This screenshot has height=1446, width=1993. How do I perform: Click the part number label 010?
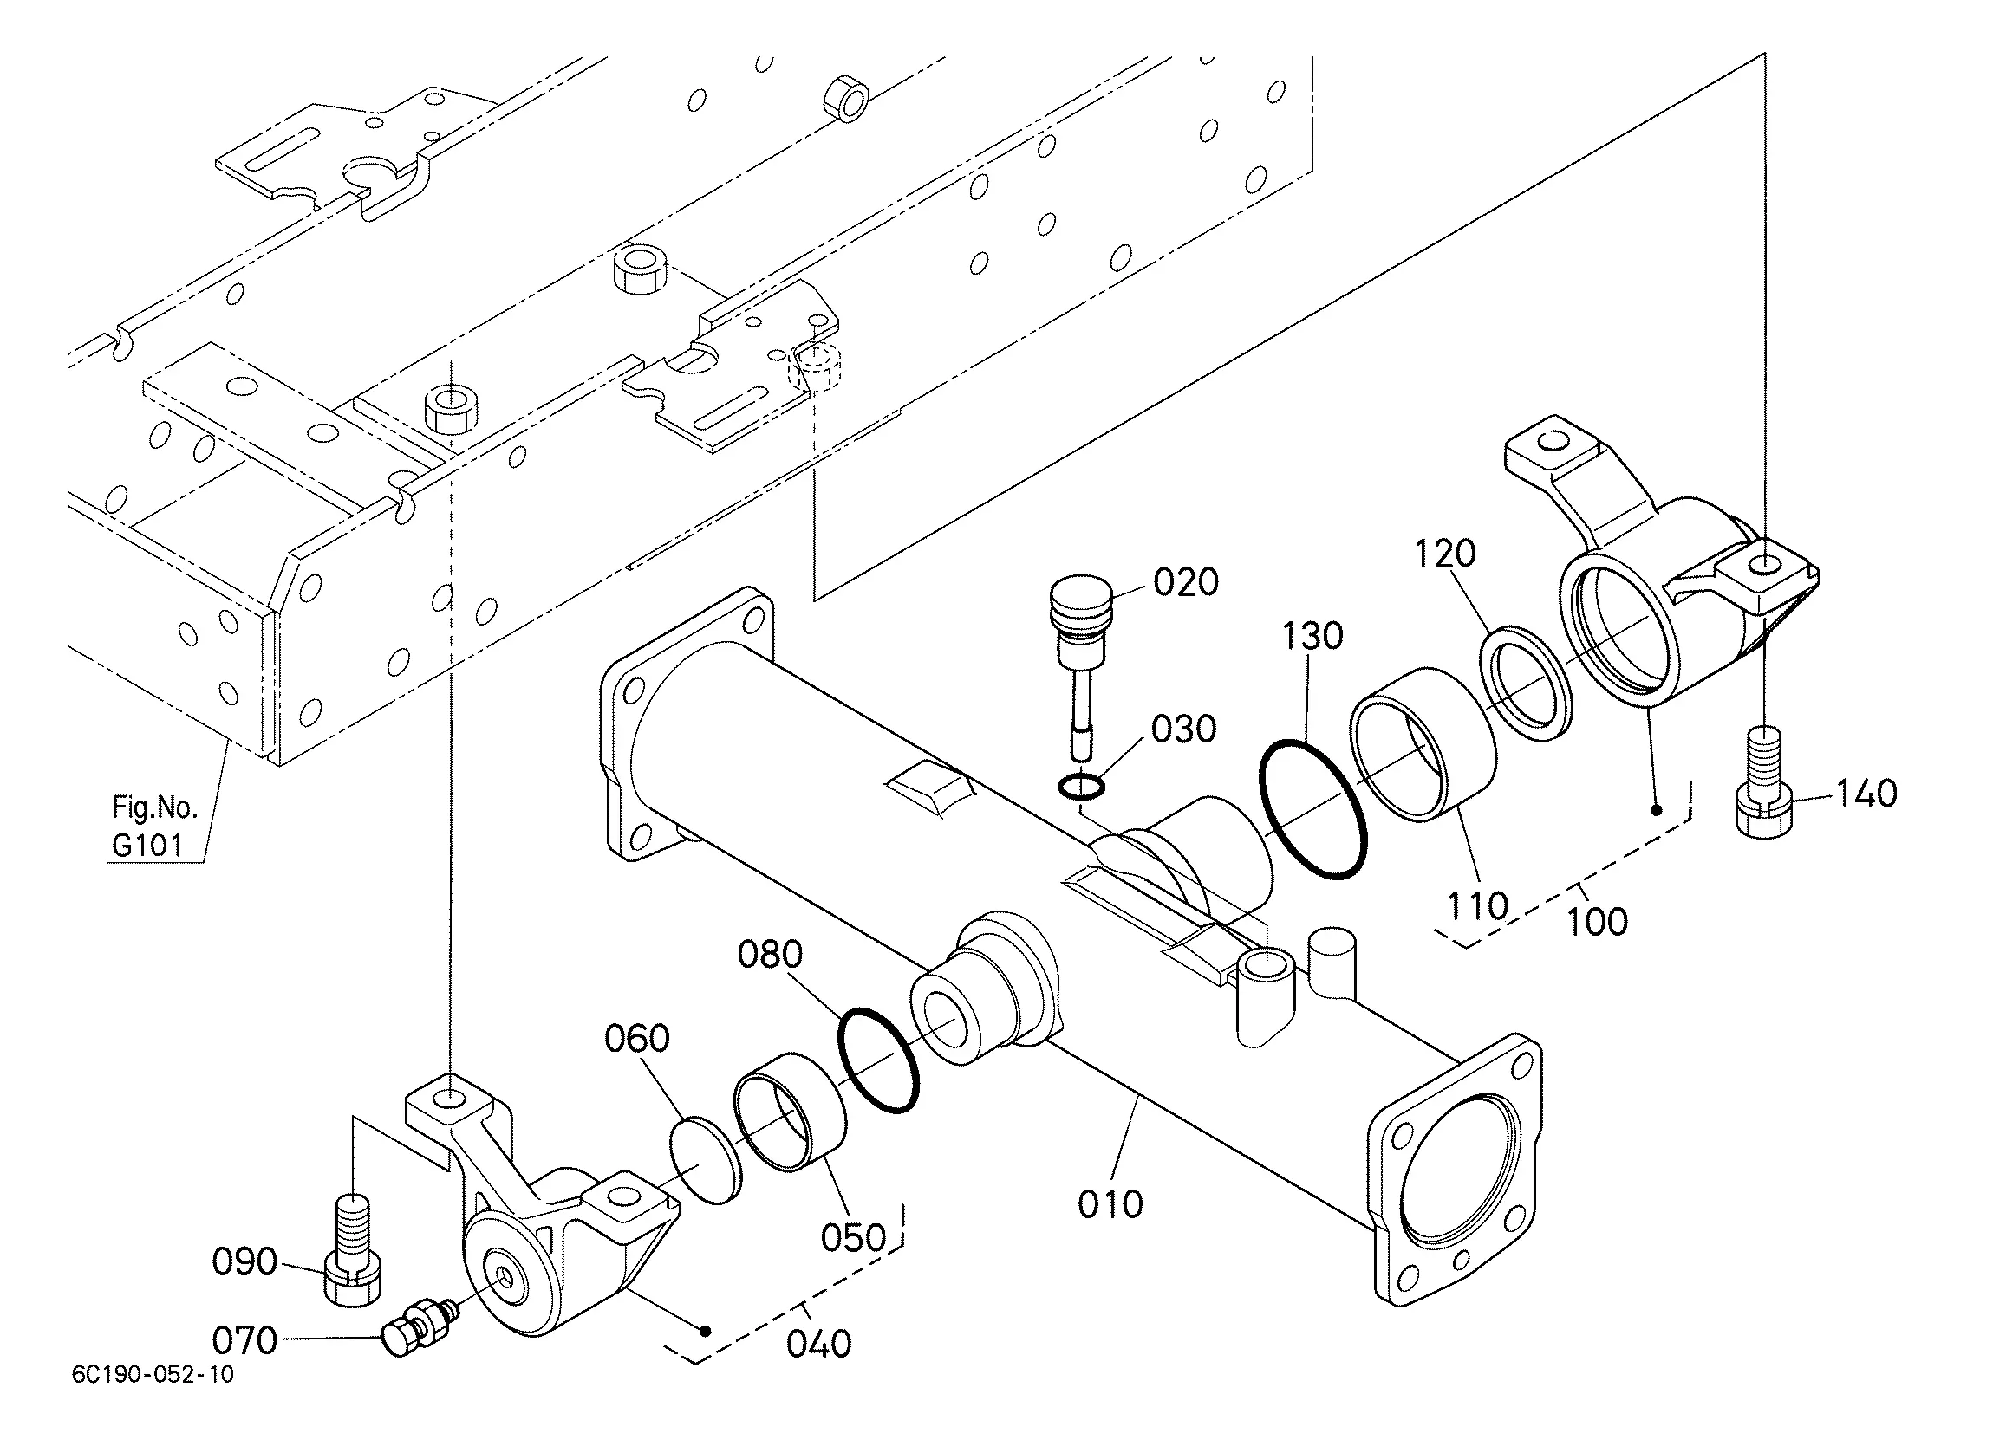1110,1203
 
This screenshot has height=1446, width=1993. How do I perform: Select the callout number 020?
1185,582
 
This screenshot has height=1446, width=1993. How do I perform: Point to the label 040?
819,1344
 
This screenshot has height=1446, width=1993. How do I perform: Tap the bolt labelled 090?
353,1250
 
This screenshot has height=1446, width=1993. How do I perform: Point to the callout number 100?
1597,922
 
